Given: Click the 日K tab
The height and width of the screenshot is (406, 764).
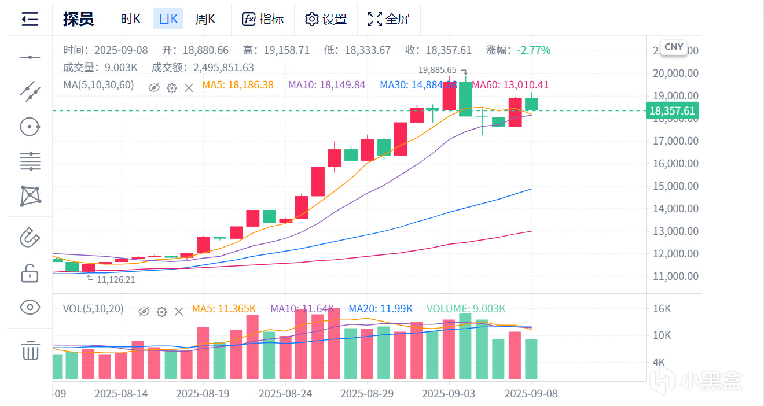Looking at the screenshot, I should pos(168,19).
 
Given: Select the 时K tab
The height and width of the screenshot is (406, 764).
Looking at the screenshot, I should pos(131,19).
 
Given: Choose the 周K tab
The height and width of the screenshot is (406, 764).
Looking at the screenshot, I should pos(205,19).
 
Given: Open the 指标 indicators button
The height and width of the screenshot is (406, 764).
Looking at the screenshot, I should pos(263,19).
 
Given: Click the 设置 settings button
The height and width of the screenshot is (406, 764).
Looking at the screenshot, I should pos(326,19).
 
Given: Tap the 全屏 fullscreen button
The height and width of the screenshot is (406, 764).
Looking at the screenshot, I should pos(389,19).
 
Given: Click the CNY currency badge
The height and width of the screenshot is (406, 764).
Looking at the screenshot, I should pos(674,47).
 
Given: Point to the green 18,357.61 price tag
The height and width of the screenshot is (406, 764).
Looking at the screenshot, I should pos(672,110).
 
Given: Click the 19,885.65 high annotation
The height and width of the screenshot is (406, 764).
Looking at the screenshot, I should pos(438,70).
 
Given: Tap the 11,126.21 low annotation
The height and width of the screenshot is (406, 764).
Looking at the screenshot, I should pos(116,279).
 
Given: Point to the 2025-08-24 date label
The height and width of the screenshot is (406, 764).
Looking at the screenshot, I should pos(285,394).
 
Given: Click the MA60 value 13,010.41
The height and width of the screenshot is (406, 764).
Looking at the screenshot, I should pos(510,85).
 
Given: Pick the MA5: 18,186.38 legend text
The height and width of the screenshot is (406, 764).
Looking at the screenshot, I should pos(238,85).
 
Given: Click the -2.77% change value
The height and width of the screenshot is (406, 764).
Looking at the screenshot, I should pos(534,50).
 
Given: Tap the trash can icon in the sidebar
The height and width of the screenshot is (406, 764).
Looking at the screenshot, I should pos(30,350).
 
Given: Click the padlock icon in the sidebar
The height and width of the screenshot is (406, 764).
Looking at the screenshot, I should pos(30,272).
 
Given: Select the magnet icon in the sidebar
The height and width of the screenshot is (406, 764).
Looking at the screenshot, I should pos(30,237).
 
